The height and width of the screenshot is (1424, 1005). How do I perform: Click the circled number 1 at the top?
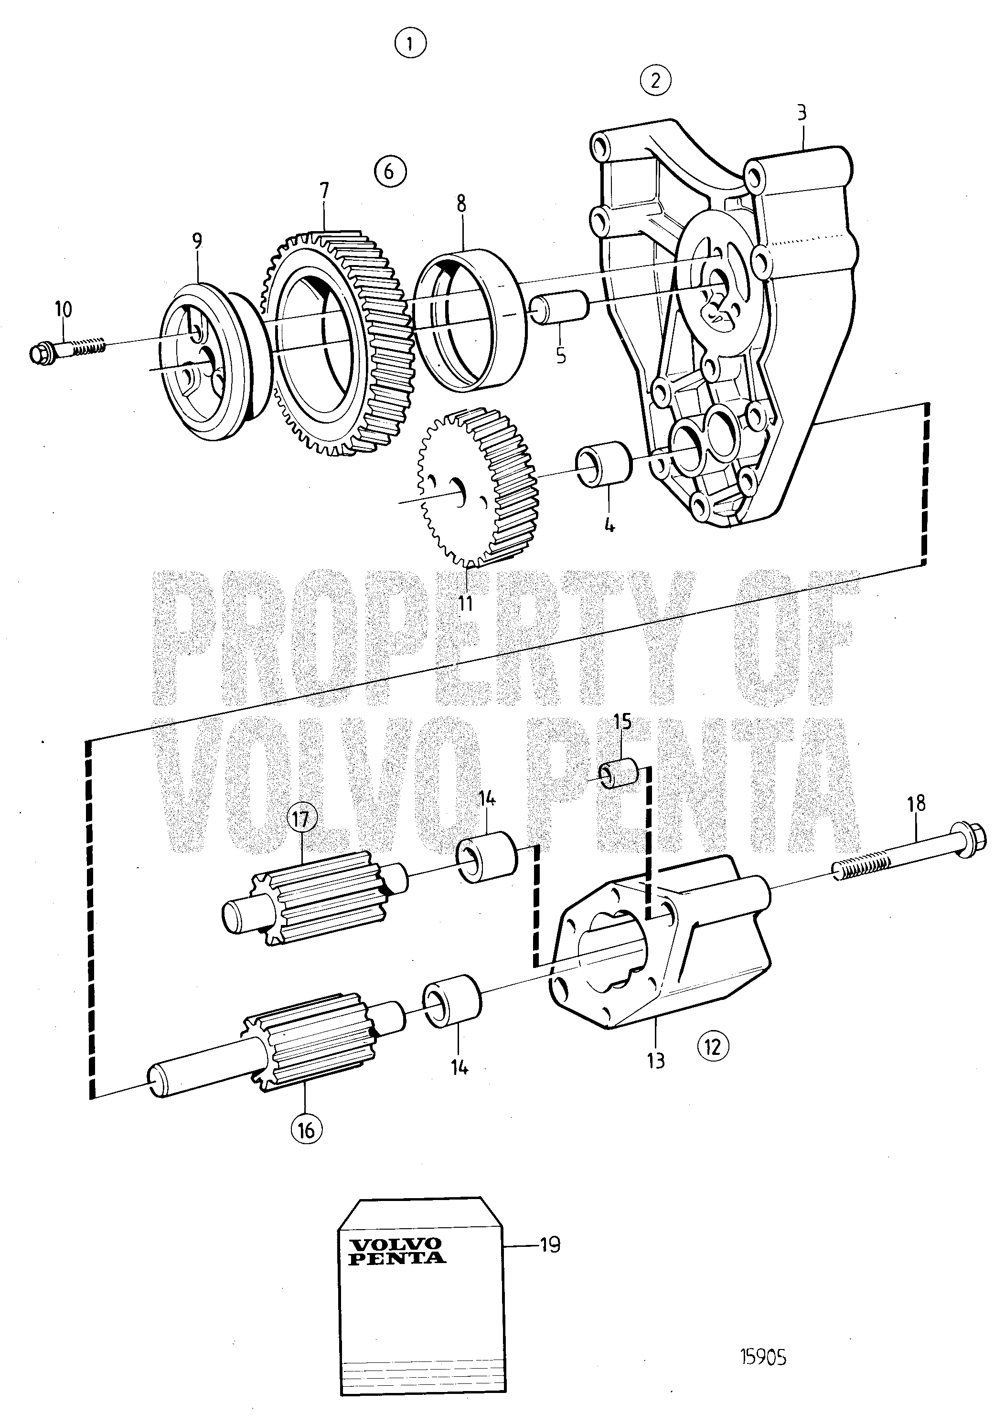(411, 43)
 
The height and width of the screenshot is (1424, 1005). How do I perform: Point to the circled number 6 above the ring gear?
(390, 170)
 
